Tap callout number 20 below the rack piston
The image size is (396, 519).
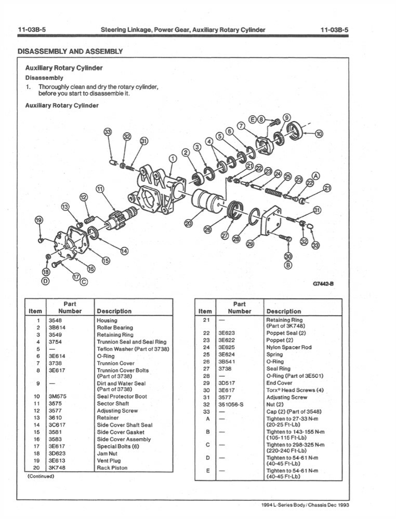[188, 223]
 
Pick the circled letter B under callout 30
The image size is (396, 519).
[288, 265]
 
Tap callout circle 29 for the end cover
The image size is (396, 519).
[250, 244]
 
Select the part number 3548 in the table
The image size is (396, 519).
[55, 321]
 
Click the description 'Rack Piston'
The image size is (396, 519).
[112, 468]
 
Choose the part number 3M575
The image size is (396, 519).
[56, 396]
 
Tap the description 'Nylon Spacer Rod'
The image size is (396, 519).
[288, 347]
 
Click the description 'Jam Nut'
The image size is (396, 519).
[108, 453]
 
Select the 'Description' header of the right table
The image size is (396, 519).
[283, 311]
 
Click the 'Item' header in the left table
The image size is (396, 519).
[35, 311]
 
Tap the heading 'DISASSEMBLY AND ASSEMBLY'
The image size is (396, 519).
[70, 51]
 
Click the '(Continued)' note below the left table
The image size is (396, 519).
[41, 476]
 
